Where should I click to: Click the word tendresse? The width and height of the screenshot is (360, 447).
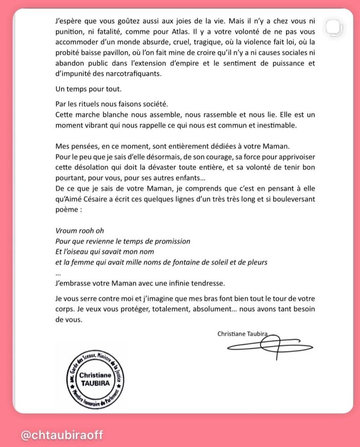[201, 283]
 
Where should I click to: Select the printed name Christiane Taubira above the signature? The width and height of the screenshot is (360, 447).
[243, 333]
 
